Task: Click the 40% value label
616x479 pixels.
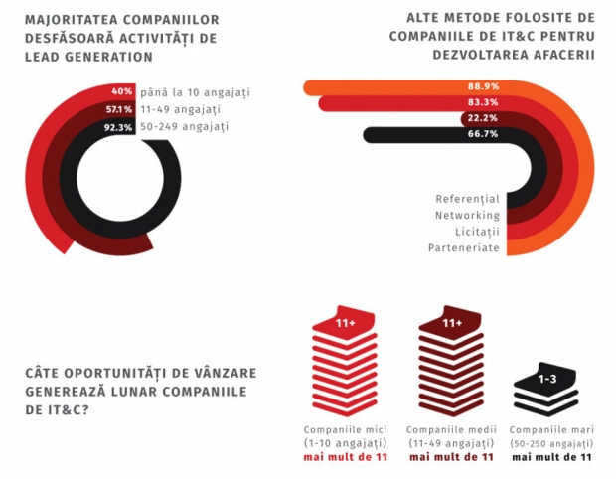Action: [x=122, y=91]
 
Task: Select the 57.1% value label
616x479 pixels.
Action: [x=119, y=109]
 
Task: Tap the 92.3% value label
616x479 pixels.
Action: [x=118, y=127]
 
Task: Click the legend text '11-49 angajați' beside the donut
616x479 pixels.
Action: [x=180, y=109]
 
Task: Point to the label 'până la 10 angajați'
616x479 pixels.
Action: [x=196, y=92]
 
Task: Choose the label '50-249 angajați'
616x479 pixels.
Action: [x=184, y=127]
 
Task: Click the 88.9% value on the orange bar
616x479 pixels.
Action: [x=483, y=86]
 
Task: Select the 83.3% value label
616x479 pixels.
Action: [x=483, y=102]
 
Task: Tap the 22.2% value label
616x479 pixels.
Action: [x=482, y=118]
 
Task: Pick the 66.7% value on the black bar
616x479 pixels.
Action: [x=483, y=133]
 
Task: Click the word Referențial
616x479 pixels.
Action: [x=468, y=199]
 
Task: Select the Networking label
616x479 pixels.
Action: [x=468, y=216]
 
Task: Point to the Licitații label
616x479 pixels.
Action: [x=477, y=232]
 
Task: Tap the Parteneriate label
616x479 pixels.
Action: [x=464, y=248]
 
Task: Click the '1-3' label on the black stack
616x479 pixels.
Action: [x=547, y=379]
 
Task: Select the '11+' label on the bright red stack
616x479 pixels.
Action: [x=346, y=323]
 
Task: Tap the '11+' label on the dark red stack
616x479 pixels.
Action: [x=452, y=323]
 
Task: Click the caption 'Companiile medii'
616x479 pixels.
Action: [x=451, y=430]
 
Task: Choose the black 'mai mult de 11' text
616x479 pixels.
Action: [x=551, y=457]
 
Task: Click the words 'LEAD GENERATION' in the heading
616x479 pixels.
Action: [x=88, y=57]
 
